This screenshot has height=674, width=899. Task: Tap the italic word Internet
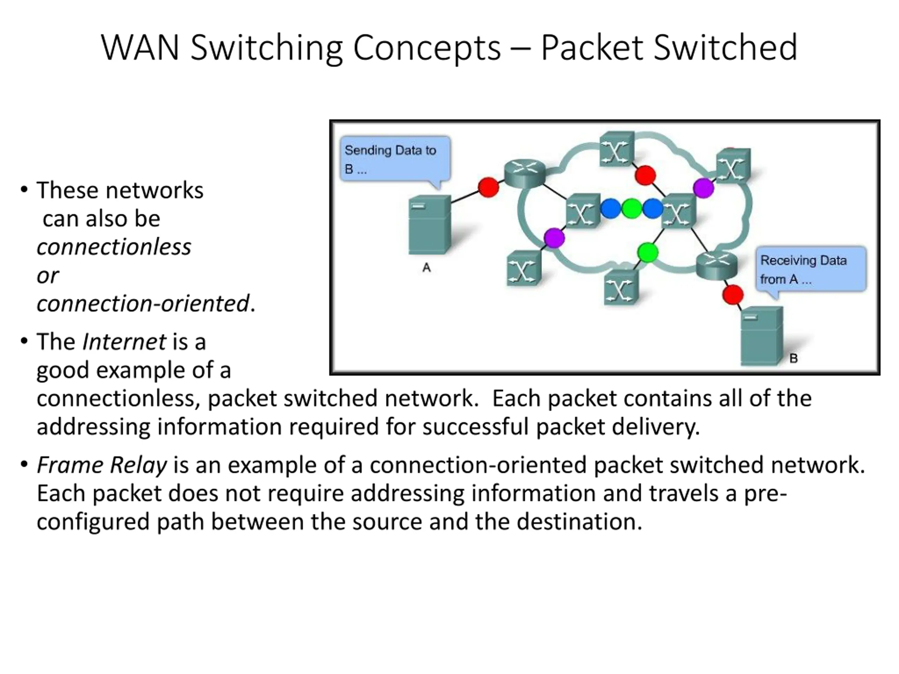[x=124, y=342]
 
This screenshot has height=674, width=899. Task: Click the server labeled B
[x=762, y=337]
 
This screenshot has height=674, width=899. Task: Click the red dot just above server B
[x=733, y=295]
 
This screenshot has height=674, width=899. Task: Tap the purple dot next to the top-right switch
[x=703, y=188]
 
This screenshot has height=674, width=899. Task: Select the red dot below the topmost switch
[x=645, y=176]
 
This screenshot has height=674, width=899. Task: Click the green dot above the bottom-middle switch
[x=648, y=252]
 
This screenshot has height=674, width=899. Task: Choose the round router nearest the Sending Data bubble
[x=524, y=173]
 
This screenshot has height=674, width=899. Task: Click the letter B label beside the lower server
[x=793, y=358]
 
